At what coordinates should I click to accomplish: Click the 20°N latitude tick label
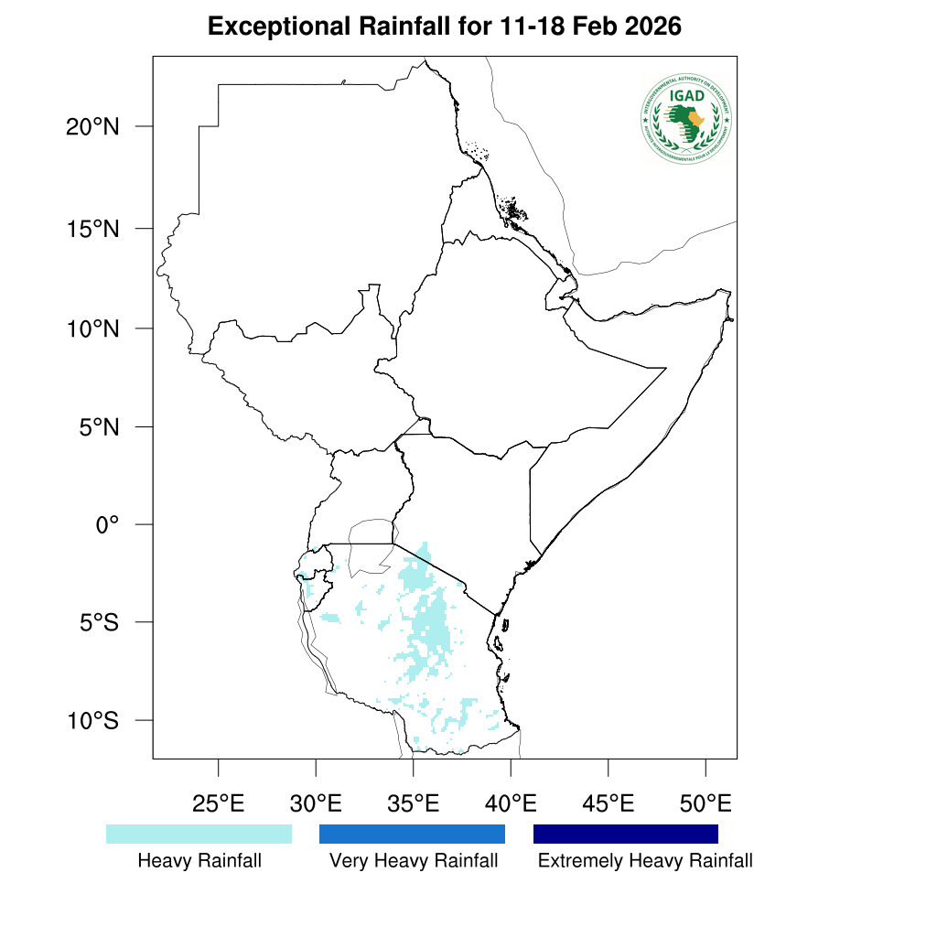pyautogui.click(x=92, y=127)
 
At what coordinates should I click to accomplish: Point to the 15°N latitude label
pyautogui.click(x=92, y=229)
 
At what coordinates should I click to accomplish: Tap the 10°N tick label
pyautogui.click(x=92, y=328)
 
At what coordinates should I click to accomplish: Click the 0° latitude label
pyautogui.click(x=108, y=525)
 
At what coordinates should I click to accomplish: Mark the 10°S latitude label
pyautogui.click(x=92, y=721)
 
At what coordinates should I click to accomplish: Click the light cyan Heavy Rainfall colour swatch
pyautogui.click(x=199, y=834)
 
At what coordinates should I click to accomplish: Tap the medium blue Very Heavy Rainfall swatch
pyautogui.click(x=412, y=834)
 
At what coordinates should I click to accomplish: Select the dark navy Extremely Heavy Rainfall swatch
pyautogui.click(x=626, y=834)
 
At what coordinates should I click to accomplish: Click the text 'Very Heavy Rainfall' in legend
pyautogui.click(x=414, y=861)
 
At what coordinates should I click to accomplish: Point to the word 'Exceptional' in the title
pyautogui.click(x=275, y=27)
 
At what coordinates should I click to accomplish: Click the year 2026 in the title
pyautogui.click(x=652, y=27)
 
